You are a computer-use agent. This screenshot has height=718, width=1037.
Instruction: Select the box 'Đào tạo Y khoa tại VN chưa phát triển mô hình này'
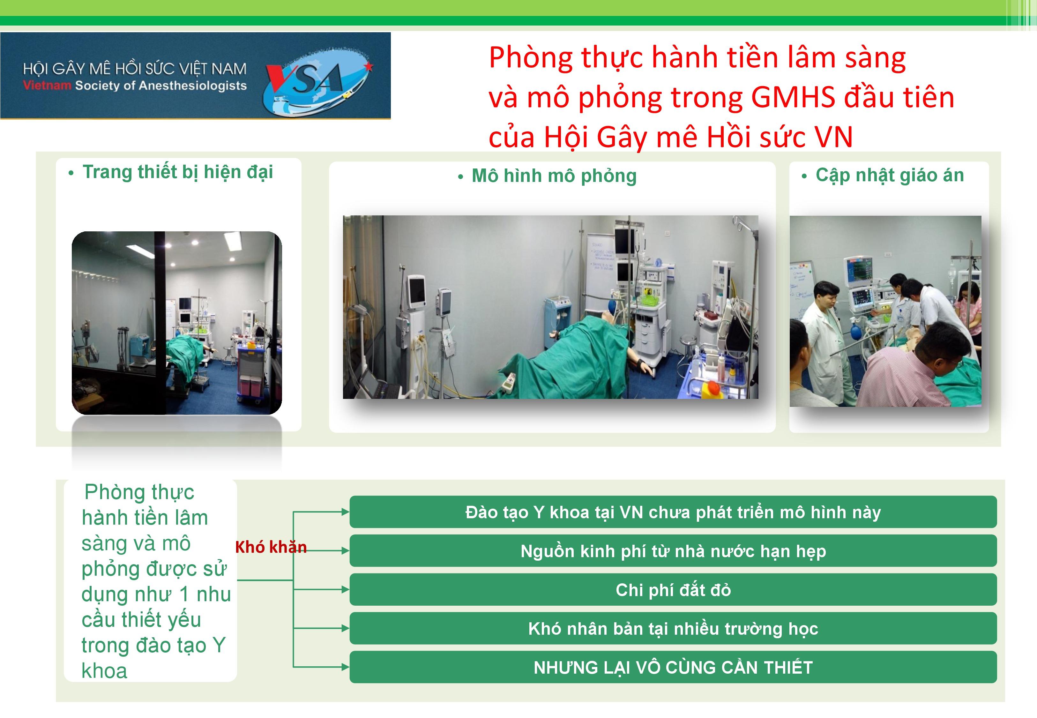pyautogui.click(x=673, y=512)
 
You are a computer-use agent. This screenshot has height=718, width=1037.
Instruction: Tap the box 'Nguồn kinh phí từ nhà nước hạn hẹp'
pyautogui.click(x=673, y=551)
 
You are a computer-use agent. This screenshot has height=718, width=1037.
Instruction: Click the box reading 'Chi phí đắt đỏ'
pyautogui.click(x=673, y=589)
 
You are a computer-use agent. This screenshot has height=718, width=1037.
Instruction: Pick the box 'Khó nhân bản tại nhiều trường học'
pyautogui.click(x=673, y=628)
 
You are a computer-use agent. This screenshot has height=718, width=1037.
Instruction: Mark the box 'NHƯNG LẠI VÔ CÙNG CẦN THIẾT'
pyautogui.click(x=673, y=667)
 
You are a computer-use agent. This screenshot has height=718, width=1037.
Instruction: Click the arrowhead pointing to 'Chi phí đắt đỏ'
pyautogui.click(x=345, y=589)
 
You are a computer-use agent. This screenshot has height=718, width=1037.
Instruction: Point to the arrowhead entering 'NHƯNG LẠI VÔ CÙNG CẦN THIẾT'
pyautogui.click(x=345, y=667)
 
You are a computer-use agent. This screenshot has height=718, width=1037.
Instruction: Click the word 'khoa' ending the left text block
pyautogui.click(x=104, y=671)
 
